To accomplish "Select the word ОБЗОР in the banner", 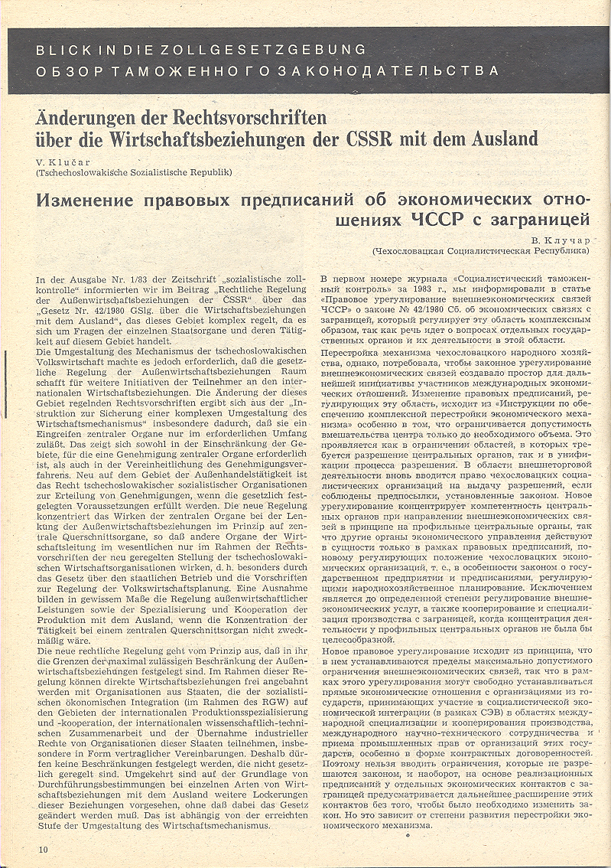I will pos(68,71).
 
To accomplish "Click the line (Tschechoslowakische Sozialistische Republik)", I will pos(134,173).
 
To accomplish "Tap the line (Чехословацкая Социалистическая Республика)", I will pos(481,250).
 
